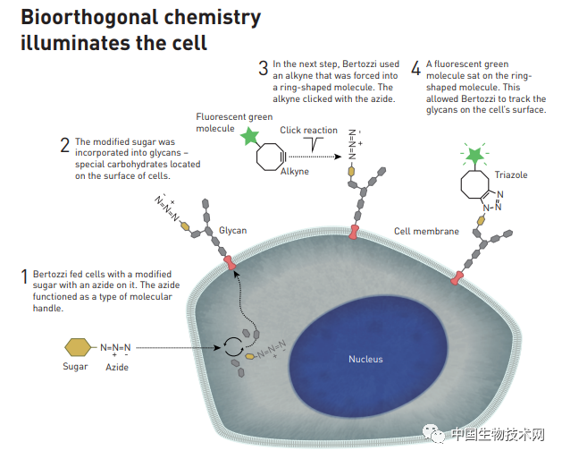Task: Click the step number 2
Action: pos(64,144)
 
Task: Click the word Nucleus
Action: pos(365,359)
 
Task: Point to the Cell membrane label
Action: pos(426,231)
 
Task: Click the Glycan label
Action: pos(232,230)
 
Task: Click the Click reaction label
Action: pos(308,131)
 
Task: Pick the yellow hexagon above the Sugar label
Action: pos(78,347)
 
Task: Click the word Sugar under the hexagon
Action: pos(76,367)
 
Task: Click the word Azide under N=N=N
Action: pos(117,367)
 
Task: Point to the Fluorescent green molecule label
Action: pos(235,122)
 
